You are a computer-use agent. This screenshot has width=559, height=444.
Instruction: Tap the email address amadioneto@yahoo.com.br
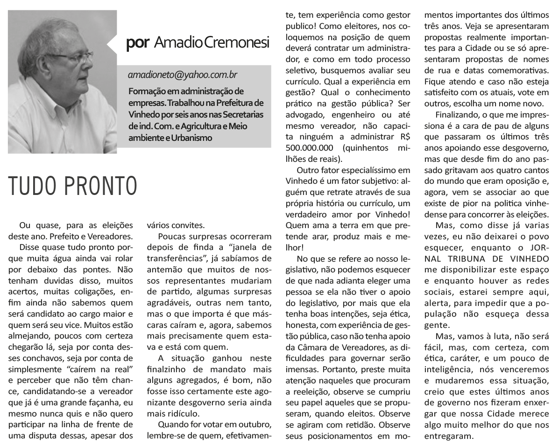(x=182, y=75)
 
